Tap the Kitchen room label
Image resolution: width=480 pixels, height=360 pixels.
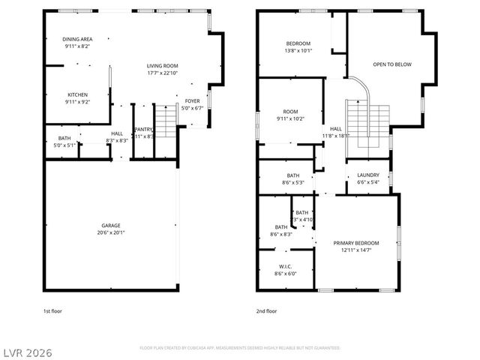pos(78,95)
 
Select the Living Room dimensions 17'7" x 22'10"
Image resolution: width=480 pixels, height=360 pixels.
pos(162,73)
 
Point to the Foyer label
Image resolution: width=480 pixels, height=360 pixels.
pos(193,100)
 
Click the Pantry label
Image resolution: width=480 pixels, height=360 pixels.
pos(143,129)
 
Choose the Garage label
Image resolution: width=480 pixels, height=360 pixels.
pos(111,226)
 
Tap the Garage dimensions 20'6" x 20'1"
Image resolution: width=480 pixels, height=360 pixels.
pos(111,232)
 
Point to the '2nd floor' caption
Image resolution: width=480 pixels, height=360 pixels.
pos(267,310)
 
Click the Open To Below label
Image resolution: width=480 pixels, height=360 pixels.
pos(392,64)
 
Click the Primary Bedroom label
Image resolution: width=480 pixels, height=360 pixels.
pos(356,243)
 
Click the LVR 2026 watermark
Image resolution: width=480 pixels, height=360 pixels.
pos(27,350)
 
